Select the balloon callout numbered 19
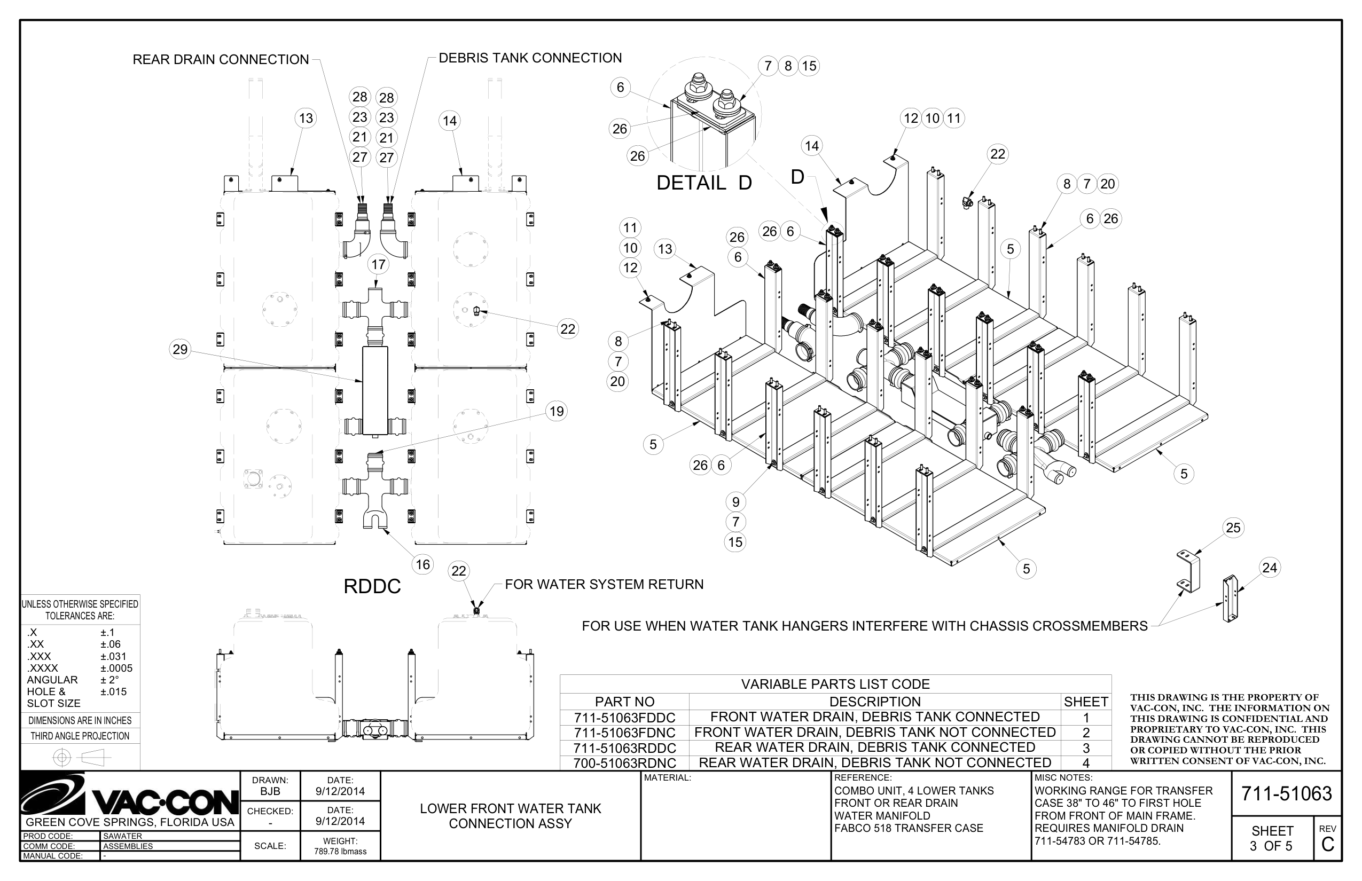pyautogui.click(x=556, y=411)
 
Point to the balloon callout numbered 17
pyautogui.click(x=378, y=264)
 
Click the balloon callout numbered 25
pyautogui.click(x=1233, y=528)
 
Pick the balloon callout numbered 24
pyautogui.click(x=1269, y=568)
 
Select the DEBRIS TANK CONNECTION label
pyautogui.click(x=530, y=58)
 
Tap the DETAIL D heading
pyautogui.click(x=703, y=183)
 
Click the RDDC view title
pyautogui.click(x=372, y=586)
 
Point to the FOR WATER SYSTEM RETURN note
pyautogui.click(x=604, y=584)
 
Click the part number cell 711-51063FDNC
pyautogui.click(x=624, y=733)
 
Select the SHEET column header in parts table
pyautogui.click(x=1085, y=702)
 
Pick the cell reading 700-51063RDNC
pyautogui.click(x=624, y=763)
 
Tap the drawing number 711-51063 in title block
pyautogui.click(x=1286, y=793)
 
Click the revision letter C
pyautogui.click(x=1328, y=844)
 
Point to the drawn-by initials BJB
pyautogui.click(x=270, y=792)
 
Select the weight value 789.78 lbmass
pyautogui.click(x=340, y=851)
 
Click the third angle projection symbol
pyautogui.click(x=80, y=758)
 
